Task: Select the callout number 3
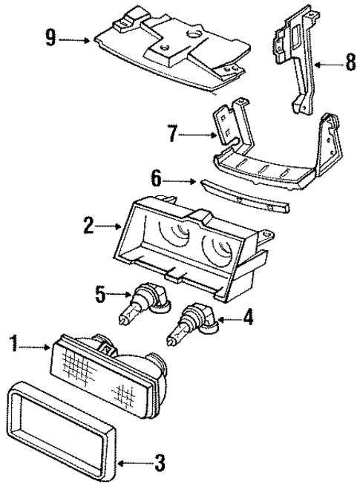158,466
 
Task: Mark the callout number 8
349,64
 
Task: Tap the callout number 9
50,37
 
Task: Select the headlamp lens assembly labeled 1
104,371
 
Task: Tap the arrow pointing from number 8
327,65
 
